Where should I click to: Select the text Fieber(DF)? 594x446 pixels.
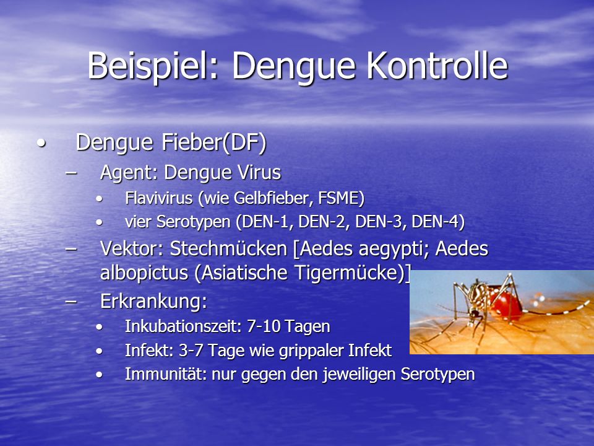click(214, 142)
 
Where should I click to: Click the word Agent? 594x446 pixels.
click(129, 173)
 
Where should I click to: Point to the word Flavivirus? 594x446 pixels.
click(159, 198)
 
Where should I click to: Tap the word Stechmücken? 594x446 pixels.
click(228, 249)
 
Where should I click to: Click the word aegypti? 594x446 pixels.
click(394, 250)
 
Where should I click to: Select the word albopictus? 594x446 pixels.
click(144, 273)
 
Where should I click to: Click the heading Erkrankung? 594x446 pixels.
click(153, 302)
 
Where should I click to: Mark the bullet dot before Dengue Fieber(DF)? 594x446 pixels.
click(41, 144)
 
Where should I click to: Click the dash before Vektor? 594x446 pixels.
click(71, 249)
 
